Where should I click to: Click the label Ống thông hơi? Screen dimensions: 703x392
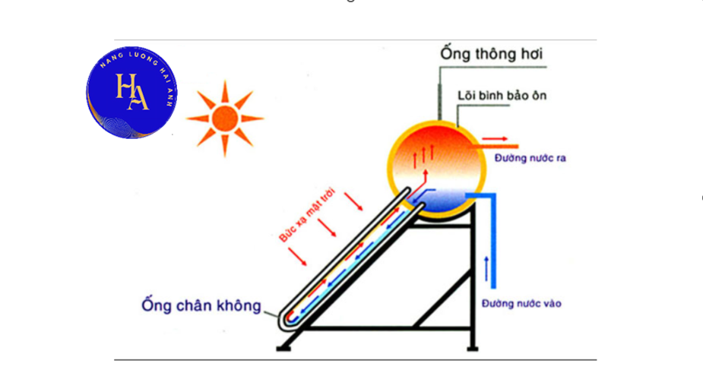[x=492, y=54]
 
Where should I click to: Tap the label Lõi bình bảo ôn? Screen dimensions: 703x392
[x=502, y=96]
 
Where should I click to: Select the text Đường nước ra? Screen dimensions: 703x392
[x=530, y=158]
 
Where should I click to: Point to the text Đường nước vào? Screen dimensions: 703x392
[x=521, y=304]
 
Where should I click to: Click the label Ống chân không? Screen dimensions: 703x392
[x=201, y=305]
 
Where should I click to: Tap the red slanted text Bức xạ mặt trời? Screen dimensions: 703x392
[x=307, y=216]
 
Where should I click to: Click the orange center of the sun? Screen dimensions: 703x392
[x=225, y=119]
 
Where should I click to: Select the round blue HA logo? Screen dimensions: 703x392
[x=131, y=92]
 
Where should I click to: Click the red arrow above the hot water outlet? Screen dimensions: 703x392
[x=495, y=139]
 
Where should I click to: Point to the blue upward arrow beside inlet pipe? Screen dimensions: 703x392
[x=486, y=269]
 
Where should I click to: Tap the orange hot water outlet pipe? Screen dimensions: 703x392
[x=496, y=147]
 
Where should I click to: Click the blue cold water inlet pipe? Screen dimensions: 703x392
[x=493, y=241]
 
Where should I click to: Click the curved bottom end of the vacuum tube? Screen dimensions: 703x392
[x=285, y=324]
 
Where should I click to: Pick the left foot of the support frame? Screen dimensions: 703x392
[x=283, y=348]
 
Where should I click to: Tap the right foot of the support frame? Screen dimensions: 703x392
[x=472, y=348]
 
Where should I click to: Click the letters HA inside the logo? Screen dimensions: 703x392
[x=131, y=92]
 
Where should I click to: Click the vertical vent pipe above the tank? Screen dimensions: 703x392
[x=440, y=94]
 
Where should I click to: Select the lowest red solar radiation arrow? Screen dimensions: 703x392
[x=297, y=257]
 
